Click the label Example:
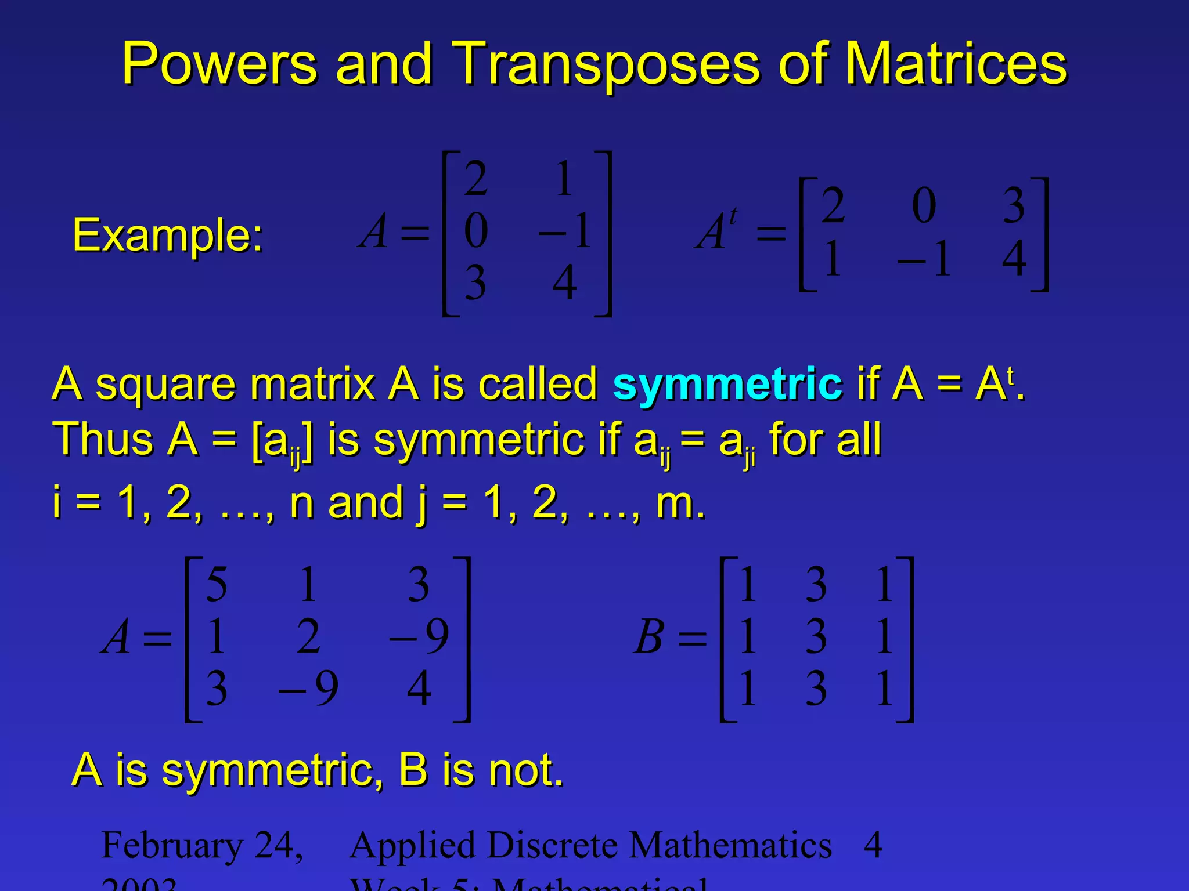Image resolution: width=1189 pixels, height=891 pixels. click(167, 236)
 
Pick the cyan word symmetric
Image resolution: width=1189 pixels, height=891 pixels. click(727, 384)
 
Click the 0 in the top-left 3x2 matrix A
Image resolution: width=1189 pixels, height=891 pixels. click(476, 231)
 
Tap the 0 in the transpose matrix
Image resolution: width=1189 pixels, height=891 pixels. click(924, 205)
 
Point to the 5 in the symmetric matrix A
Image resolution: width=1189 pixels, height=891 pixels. click(217, 585)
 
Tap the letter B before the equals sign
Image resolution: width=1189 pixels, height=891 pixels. click(648, 637)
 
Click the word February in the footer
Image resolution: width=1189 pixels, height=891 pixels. click(172, 845)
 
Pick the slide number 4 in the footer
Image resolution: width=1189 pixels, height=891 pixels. click(873, 845)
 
